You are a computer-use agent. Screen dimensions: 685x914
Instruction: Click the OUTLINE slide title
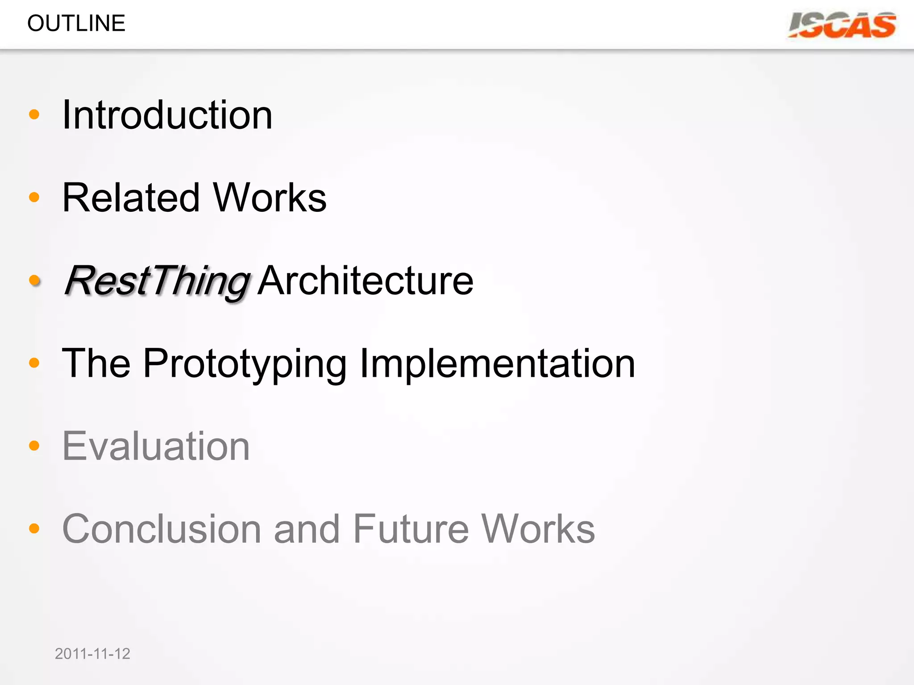point(76,23)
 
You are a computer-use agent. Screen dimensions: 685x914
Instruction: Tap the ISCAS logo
point(842,25)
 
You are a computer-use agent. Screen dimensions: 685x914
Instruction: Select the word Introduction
point(167,115)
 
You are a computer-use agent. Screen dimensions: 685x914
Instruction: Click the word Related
point(131,198)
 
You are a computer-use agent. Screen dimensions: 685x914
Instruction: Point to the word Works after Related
point(270,198)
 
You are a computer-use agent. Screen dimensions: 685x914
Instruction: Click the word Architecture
point(366,281)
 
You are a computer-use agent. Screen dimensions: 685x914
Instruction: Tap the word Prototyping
point(245,364)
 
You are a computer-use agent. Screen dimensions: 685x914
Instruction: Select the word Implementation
point(497,364)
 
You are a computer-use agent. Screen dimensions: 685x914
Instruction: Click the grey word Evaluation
point(156,446)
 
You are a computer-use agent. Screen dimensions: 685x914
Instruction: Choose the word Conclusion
point(162,529)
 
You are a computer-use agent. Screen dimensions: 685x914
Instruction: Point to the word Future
point(411,529)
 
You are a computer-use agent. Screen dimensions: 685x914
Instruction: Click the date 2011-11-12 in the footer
point(92,654)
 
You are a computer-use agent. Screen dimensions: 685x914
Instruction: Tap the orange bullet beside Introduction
point(34,115)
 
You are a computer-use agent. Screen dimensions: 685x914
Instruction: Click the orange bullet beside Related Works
point(34,197)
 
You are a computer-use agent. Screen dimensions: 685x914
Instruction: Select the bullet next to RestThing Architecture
point(34,280)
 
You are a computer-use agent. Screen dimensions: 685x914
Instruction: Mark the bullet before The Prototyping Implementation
point(34,363)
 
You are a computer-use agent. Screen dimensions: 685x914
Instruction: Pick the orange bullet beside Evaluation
point(34,446)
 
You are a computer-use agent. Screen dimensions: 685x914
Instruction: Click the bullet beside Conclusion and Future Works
point(34,528)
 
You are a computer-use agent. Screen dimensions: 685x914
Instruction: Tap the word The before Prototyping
point(96,364)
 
